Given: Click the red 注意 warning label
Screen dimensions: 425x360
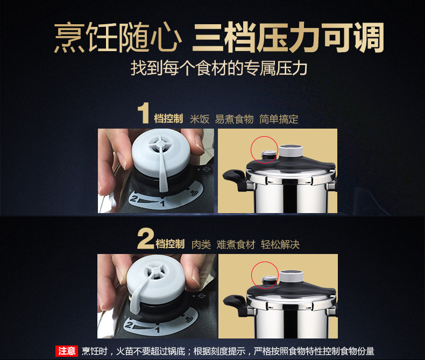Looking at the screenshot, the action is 67,351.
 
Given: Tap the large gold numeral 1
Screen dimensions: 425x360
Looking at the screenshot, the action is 144,113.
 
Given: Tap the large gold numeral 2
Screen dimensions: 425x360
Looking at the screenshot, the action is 146,238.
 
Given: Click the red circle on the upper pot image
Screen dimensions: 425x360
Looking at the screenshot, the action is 264,150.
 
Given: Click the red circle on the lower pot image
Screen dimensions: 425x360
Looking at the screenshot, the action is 265,275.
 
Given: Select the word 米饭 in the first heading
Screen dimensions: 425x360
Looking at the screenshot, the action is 200,119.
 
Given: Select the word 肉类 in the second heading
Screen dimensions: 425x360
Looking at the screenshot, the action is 201,244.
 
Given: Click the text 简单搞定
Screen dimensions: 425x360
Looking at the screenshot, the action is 279,119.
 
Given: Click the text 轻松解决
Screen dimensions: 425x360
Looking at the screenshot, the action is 280,244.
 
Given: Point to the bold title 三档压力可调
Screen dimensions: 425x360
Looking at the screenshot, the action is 288,38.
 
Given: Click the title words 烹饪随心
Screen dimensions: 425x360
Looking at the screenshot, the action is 118,38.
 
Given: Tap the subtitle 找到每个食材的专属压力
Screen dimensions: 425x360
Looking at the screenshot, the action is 219,68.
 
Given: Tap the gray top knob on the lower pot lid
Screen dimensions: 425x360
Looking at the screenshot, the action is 292,277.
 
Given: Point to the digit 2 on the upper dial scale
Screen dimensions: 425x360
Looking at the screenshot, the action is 133,199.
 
